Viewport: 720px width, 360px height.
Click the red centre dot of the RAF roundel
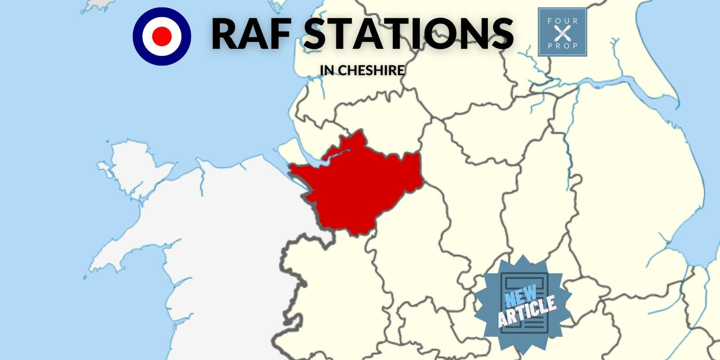pyautogui.click(x=162, y=36)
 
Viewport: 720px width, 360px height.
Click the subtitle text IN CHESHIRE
pyautogui.click(x=362, y=71)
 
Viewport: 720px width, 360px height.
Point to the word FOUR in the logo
pyautogui.click(x=562, y=21)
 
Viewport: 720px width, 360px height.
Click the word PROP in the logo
pyautogui.click(x=562, y=45)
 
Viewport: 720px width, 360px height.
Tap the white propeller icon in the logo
pyautogui.click(x=562, y=33)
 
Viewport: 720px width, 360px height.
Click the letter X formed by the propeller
pyautogui.click(x=562, y=33)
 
